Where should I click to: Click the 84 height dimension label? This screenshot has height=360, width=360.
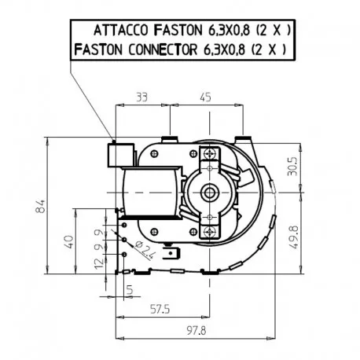click(41, 206)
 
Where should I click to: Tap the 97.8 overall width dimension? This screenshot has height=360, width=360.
click(197, 331)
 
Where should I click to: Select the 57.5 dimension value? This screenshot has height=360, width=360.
click(160, 309)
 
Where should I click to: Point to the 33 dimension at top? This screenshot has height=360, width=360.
click(142, 97)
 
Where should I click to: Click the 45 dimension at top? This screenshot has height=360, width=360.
click(205, 97)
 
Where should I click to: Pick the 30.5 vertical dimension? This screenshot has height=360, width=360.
click(292, 167)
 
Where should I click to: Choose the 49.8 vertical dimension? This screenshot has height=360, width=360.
click(294, 237)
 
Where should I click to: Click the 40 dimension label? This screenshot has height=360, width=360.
click(68, 241)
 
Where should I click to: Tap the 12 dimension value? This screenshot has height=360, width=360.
click(99, 263)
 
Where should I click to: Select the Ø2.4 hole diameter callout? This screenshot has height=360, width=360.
click(144, 249)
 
